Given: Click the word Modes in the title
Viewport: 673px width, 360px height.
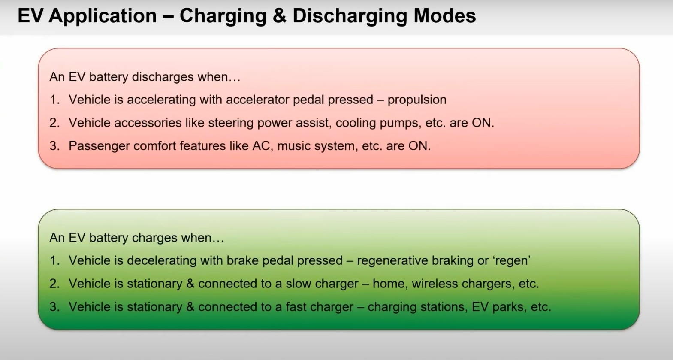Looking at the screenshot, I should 444,16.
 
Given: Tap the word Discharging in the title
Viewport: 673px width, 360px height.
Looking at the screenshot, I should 349,16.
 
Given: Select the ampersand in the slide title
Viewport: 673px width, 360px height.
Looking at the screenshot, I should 279,16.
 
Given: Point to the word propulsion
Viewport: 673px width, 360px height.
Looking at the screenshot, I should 417,100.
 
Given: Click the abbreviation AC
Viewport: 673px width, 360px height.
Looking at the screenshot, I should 261,146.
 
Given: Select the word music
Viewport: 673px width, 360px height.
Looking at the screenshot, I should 293,146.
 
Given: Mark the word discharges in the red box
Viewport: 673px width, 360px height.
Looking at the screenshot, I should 163,77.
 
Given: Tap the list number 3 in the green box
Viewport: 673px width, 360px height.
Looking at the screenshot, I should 54,307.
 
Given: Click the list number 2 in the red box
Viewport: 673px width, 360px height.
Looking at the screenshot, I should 54,123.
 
